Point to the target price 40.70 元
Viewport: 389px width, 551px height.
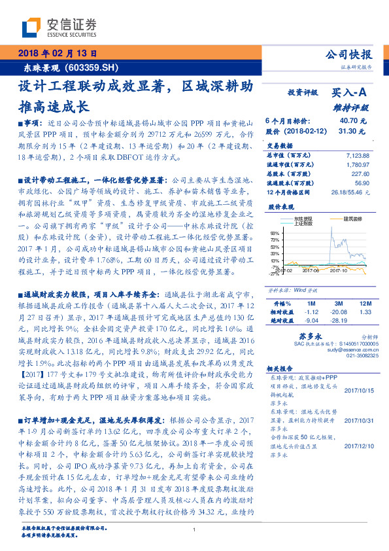pos(353,121)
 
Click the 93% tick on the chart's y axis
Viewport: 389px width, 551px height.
pos(274,232)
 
